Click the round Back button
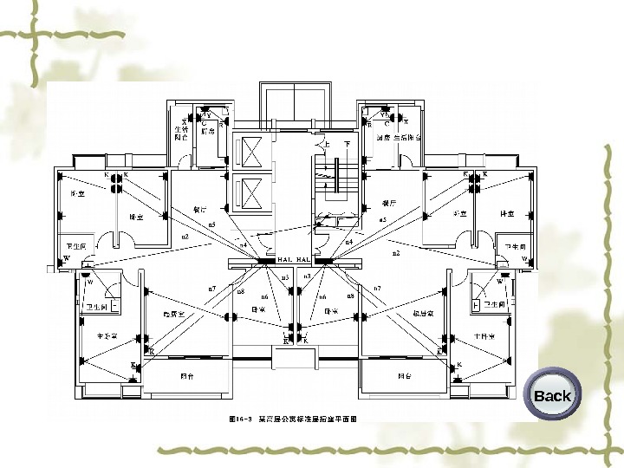pos(552,396)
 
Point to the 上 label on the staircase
pos(326,144)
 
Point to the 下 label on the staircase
pos(347,144)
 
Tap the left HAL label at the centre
pos(286,259)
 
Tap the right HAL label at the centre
pos(304,259)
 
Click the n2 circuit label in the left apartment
pos(185,237)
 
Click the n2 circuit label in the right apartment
pos(396,253)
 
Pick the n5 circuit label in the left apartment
pos(211,224)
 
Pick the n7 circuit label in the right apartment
pos(377,288)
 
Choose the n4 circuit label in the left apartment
pos(244,245)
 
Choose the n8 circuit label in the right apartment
pos(350,296)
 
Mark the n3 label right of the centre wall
pos(307,276)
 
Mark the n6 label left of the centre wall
pos(264,296)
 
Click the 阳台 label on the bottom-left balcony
pos(186,376)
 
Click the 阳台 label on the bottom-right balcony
pos(404,376)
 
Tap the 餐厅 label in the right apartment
pos(388,202)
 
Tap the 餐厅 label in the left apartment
pos(199,209)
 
